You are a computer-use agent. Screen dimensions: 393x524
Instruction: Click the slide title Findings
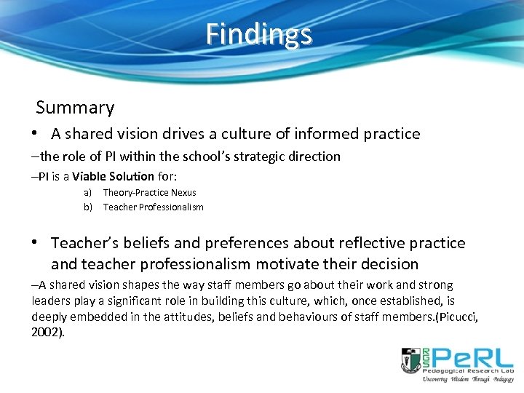tap(258, 34)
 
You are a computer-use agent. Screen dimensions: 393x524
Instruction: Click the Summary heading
tap(75, 108)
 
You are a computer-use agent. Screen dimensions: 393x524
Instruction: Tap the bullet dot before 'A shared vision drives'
tap(35, 134)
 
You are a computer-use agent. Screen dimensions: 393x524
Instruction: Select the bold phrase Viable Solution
tap(113, 176)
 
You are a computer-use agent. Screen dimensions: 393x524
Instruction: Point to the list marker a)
tap(87, 193)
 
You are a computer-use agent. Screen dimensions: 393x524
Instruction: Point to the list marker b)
tap(87, 207)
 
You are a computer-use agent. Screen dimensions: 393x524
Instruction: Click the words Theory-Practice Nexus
tap(149, 193)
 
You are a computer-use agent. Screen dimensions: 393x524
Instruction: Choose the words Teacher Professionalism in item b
tap(153, 207)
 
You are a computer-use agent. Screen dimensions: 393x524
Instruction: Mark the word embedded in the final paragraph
tap(101, 317)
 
